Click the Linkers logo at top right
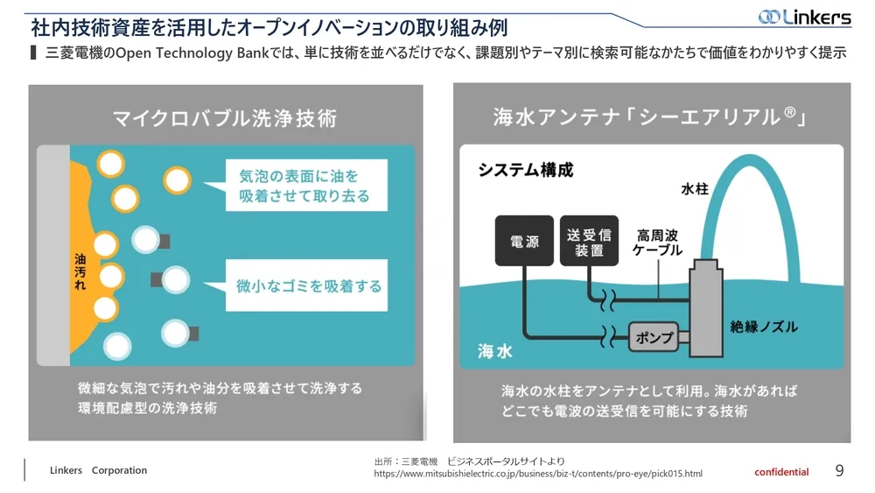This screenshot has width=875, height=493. pyautogui.click(x=804, y=17)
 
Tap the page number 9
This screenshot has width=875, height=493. pyautogui.click(x=839, y=471)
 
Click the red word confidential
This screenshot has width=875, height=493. pyautogui.click(x=781, y=472)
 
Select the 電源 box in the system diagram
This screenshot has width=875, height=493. pyautogui.click(x=524, y=241)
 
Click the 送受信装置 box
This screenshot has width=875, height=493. pyautogui.click(x=588, y=241)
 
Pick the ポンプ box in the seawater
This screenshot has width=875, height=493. pyautogui.click(x=653, y=336)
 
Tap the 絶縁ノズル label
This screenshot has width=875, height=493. pyautogui.click(x=764, y=327)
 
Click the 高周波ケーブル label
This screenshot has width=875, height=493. pyautogui.click(x=657, y=243)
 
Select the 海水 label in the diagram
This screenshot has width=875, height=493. pyautogui.click(x=494, y=350)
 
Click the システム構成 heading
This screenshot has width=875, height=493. pyautogui.click(x=525, y=171)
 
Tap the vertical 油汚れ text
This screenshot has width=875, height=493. pyautogui.click(x=80, y=277)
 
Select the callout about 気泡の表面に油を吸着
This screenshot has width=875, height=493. pyautogui.click(x=304, y=186)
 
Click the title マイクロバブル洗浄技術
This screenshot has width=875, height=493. pyautogui.click(x=225, y=117)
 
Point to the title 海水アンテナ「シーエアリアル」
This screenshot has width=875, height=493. pyautogui.click(x=649, y=116)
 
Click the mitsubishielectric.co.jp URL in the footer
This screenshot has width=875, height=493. pyautogui.click(x=537, y=474)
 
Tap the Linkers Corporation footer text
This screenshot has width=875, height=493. pyautogui.click(x=98, y=470)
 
